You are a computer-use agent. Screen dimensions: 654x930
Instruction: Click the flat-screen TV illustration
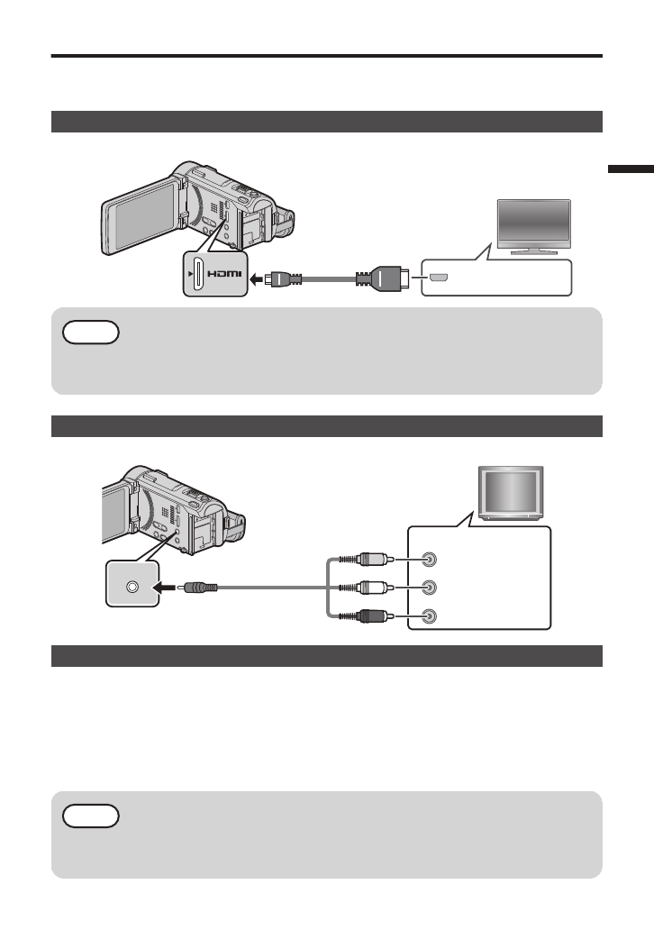tap(534, 226)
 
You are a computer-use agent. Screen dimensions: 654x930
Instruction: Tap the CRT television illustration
tap(509, 494)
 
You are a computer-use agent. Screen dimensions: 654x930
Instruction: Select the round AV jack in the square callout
tap(132, 587)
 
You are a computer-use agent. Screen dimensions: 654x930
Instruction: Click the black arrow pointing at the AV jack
tap(168, 587)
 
